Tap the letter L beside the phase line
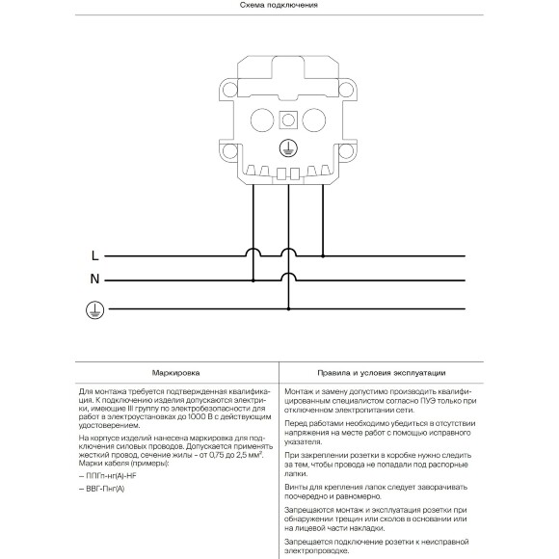93,256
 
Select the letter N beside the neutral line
94,280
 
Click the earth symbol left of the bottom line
94,308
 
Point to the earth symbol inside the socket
286,147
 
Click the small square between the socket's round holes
287,120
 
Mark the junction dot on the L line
322,256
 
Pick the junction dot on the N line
253,280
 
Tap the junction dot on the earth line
288,308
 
